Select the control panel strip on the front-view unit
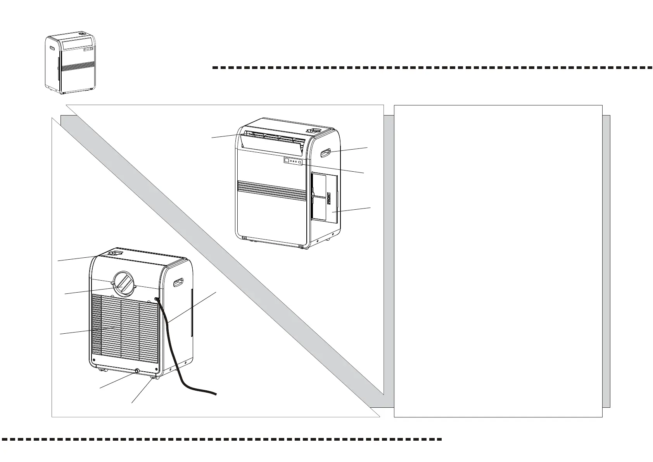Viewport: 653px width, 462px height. [x=292, y=161]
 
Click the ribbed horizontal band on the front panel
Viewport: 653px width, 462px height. [x=271, y=188]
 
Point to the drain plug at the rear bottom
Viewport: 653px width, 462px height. [x=137, y=371]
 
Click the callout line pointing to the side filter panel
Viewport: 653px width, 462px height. [x=353, y=210]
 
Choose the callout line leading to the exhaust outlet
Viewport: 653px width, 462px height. [x=93, y=290]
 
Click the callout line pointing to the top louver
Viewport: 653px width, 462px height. [x=229, y=136]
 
